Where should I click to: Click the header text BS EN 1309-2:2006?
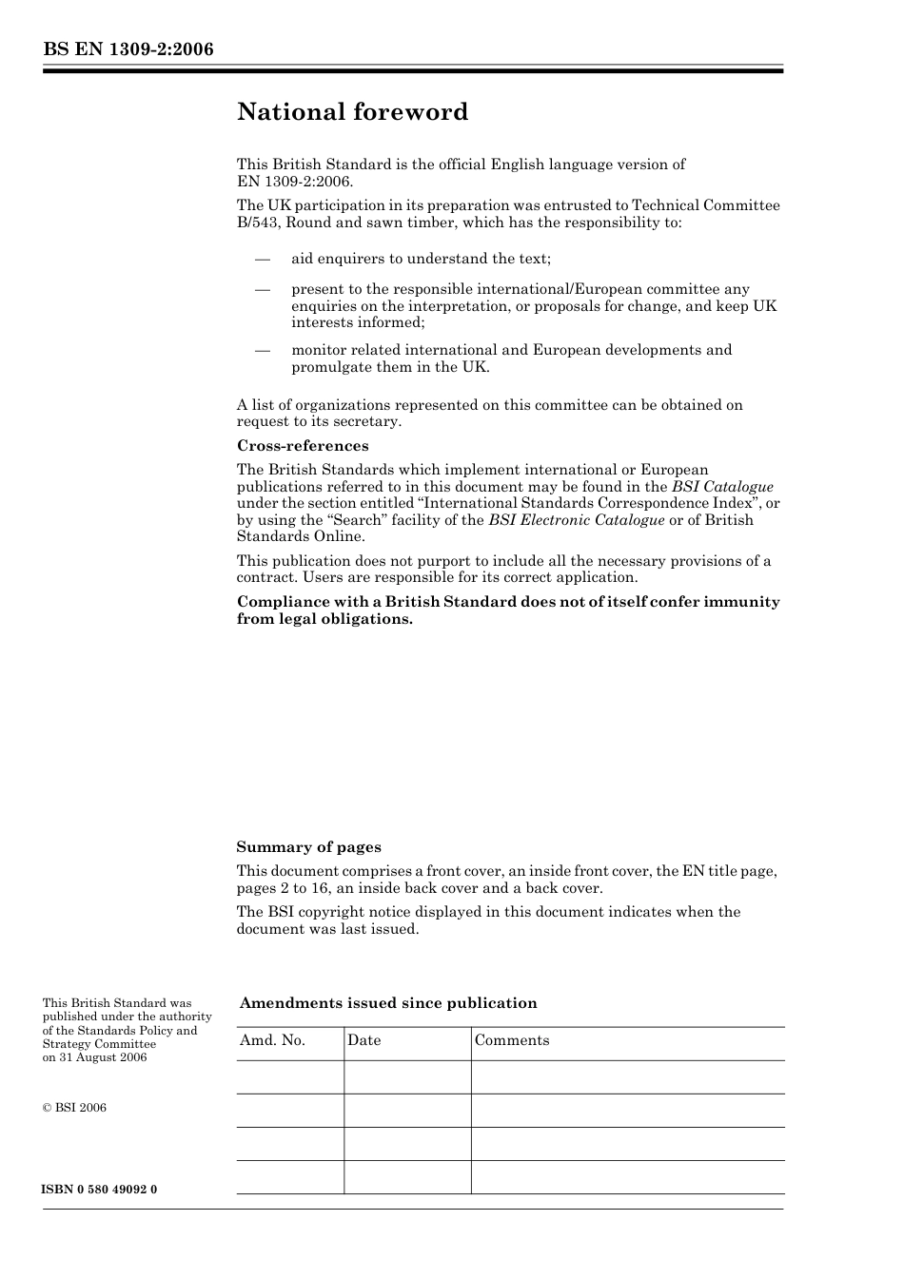(128, 49)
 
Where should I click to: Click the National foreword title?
(352, 112)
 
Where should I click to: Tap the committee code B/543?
(258, 223)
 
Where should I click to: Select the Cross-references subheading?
(303, 446)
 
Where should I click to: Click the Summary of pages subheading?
(308, 847)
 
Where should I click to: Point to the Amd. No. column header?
(272, 1040)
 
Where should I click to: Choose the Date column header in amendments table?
(364, 1040)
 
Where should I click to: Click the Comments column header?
(511, 1040)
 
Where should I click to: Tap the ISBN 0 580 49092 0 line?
(100, 1190)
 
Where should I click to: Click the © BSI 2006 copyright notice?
(74, 1108)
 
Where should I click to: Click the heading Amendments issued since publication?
(388, 1003)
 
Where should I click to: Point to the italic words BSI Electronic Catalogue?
(576, 520)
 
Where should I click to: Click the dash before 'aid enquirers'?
(262, 259)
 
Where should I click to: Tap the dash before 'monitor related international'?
(262, 350)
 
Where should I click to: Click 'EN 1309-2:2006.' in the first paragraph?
(294, 181)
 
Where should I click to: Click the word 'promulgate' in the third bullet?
(330, 367)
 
